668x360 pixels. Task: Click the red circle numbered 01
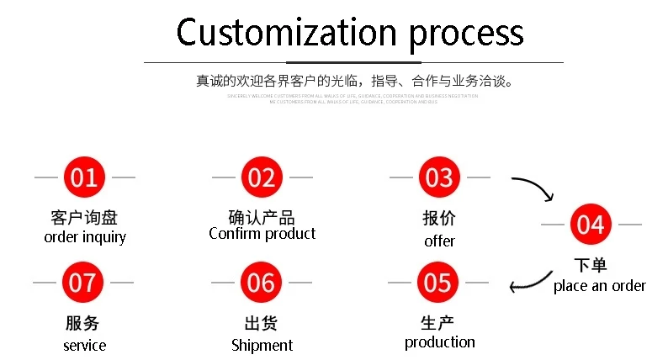[84, 177]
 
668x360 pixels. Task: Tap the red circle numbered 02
[262, 177]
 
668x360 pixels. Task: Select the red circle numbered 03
[439, 177]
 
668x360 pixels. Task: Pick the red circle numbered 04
[591, 225]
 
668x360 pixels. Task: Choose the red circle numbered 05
[438, 283]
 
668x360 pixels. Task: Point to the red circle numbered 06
[261, 283]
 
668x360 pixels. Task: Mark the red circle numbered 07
[83, 283]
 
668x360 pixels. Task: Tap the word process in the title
[466, 34]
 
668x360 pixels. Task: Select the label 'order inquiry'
[84, 237]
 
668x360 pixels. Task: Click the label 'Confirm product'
[262, 234]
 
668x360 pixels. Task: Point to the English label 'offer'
[439, 241]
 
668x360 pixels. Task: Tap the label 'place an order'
[599, 286]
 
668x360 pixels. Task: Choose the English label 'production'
[439, 342]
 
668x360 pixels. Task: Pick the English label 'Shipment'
[262, 346]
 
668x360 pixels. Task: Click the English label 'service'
[84, 346]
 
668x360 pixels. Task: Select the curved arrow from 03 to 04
[533, 188]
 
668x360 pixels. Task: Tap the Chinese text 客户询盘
[84, 218]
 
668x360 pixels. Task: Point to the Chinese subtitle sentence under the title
[354, 82]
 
